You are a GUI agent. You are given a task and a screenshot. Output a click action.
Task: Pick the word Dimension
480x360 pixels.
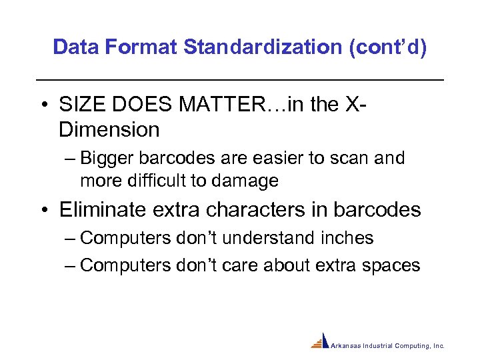(x=109, y=129)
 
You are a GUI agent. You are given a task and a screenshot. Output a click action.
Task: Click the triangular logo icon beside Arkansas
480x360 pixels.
(x=321, y=341)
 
